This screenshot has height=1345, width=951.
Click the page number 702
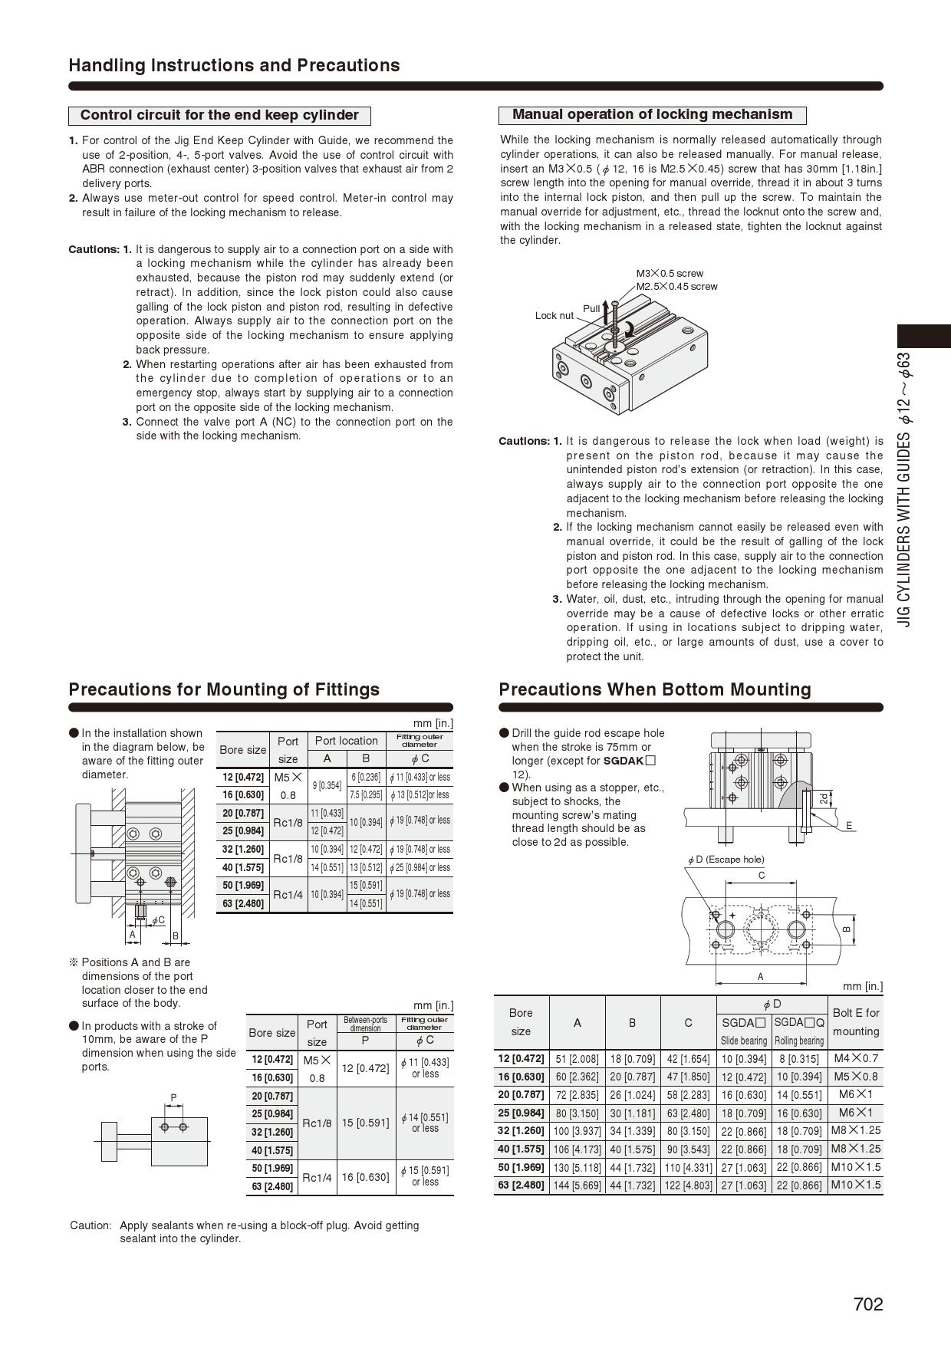click(x=867, y=1304)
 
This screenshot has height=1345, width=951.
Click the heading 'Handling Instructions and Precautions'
click(x=234, y=65)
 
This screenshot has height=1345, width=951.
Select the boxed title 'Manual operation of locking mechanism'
click(x=652, y=115)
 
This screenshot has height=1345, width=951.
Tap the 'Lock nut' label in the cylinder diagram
click(x=554, y=315)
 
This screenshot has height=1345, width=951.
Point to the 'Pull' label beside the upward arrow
click(x=591, y=308)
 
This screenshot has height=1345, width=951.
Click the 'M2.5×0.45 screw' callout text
click(x=677, y=287)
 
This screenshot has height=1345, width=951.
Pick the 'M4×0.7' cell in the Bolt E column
click(x=855, y=1058)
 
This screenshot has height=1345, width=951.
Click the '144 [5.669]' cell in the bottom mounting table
click(x=577, y=1186)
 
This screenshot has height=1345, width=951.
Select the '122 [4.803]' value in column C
click(x=688, y=1186)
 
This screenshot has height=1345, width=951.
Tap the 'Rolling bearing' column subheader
click(x=799, y=1041)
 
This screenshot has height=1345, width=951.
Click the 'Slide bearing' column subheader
click(x=743, y=1041)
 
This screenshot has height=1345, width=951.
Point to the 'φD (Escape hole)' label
click(x=726, y=860)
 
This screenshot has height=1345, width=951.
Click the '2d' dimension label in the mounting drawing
click(x=823, y=798)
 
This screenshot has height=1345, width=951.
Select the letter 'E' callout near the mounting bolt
click(x=849, y=825)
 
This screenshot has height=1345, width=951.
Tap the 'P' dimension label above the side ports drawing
click(x=173, y=1097)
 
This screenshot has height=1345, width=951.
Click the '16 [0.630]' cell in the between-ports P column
click(x=366, y=1177)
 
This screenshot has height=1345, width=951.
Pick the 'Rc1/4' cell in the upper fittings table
click(x=288, y=894)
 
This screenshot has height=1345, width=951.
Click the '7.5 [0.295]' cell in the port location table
click(x=366, y=794)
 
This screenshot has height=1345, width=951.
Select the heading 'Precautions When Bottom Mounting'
click(x=654, y=689)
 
